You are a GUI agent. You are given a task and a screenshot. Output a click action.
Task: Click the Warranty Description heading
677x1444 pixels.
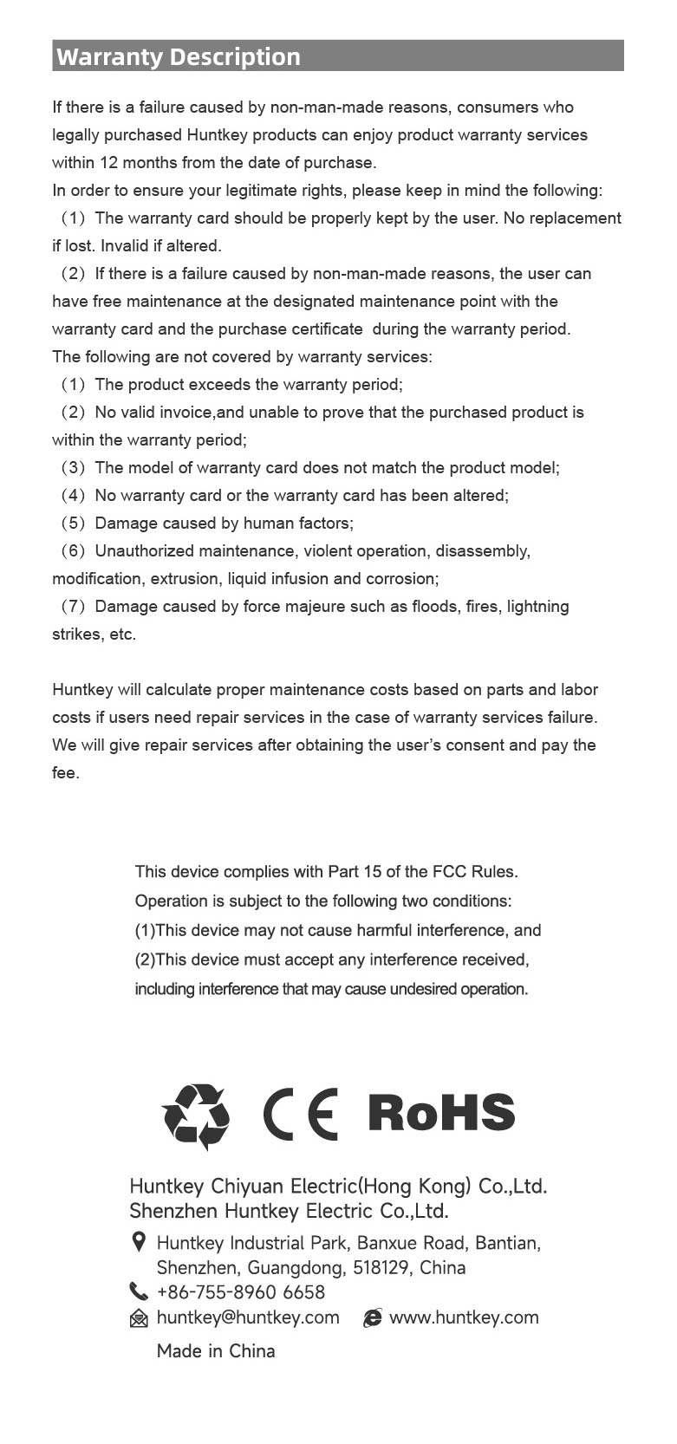pos(179,57)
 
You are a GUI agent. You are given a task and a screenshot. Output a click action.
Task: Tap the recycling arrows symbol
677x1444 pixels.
pos(196,1116)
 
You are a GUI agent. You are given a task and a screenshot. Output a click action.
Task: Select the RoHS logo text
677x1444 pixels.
pos(441,1113)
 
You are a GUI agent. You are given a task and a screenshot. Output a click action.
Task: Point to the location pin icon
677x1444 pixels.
pos(138,1243)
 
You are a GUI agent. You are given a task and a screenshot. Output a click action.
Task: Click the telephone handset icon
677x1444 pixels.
pos(138,1291)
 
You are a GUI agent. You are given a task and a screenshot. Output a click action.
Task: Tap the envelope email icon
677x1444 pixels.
pos(138,1318)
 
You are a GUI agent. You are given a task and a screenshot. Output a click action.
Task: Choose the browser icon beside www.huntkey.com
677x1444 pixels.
pos(373,1318)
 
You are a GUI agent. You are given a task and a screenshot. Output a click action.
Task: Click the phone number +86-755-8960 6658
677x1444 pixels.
pos(240,1292)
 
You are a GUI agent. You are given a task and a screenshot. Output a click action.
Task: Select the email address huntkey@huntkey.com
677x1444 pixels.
pos(248,1317)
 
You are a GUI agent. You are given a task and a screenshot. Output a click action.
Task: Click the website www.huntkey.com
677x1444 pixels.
pos(464,1317)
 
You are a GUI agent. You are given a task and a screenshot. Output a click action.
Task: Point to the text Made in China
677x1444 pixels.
pos(216,1350)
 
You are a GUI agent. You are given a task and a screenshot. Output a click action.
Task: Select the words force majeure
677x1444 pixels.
pos(294,607)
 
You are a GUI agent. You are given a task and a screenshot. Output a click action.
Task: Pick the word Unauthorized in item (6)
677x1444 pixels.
pos(144,551)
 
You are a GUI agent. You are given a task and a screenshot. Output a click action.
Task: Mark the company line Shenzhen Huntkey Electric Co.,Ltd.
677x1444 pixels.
pos(289,1210)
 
